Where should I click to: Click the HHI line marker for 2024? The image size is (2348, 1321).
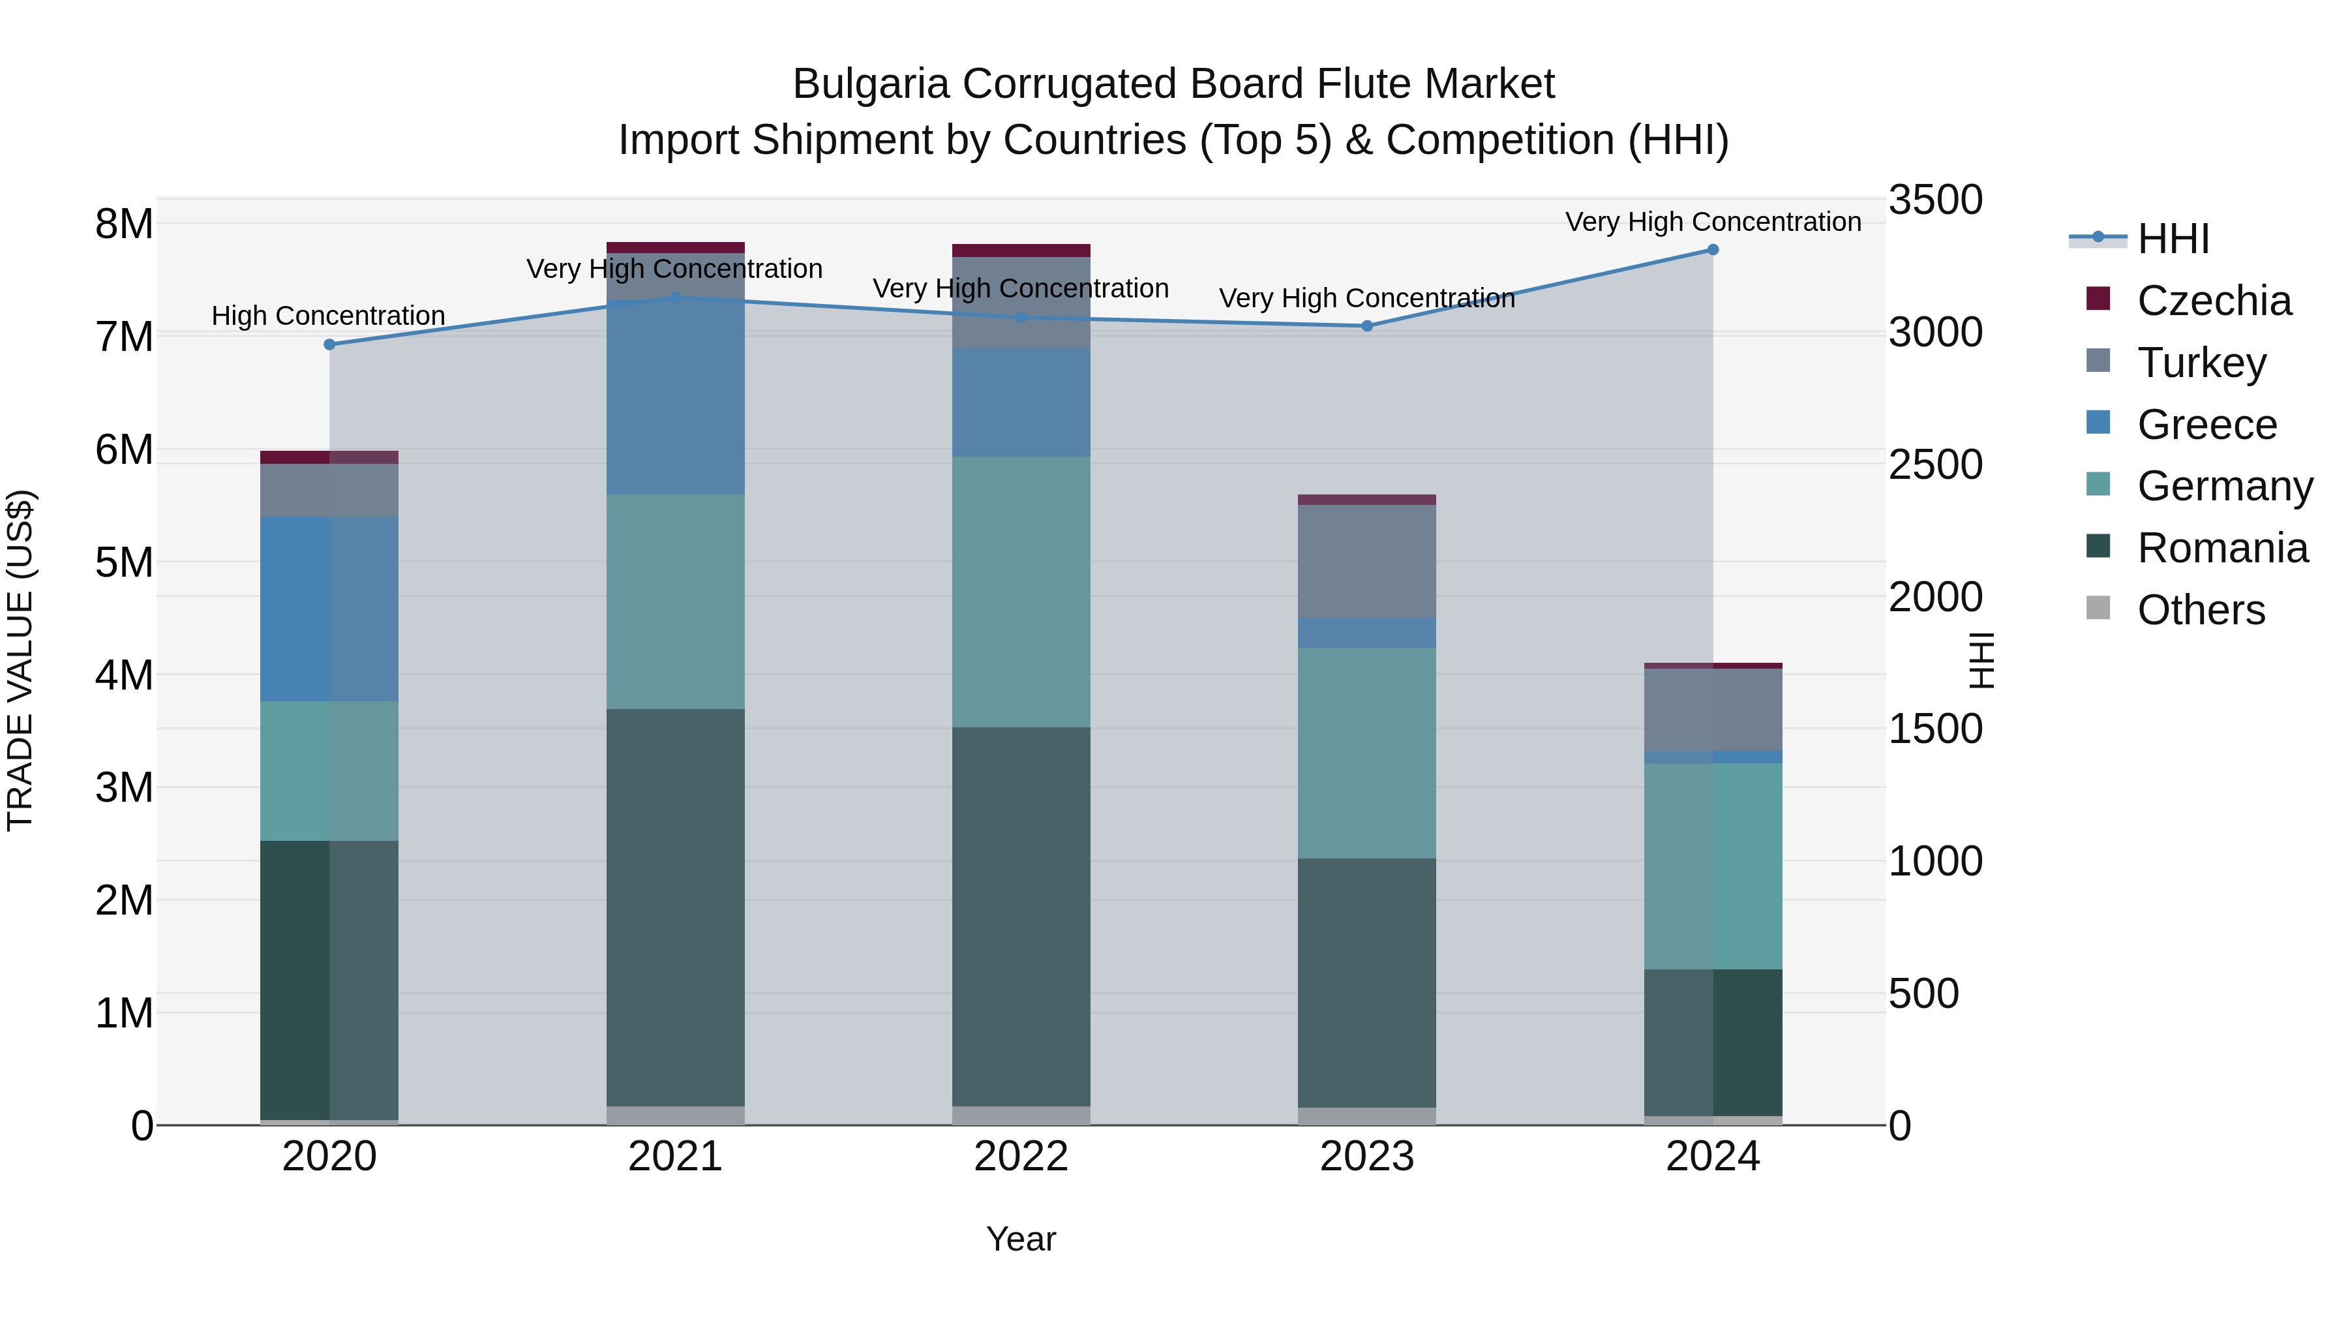tap(1713, 250)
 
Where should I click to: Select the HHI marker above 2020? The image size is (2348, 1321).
tap(330, 344)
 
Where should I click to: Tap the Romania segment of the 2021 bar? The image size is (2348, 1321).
tap(676, 907)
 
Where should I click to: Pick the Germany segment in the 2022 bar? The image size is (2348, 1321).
tap(1021, 592)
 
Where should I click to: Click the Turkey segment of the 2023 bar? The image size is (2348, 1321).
tap(1366, 562)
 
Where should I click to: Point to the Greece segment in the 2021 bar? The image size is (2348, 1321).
tap(676, 397)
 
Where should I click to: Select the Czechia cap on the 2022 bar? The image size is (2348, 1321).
tap(1021, 251)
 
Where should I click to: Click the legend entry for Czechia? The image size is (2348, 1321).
tap(2213, 301)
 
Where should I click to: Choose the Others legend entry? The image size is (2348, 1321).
tap(2201, 610)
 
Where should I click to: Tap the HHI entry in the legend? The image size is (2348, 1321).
tap(2173, 239)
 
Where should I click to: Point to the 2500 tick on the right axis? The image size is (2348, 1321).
tap(1935, 465)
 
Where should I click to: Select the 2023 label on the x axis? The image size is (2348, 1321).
tap(1366, 1157)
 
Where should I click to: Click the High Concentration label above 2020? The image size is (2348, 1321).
tap(328, 316)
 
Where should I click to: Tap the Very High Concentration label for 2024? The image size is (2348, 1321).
tap(1713, 222)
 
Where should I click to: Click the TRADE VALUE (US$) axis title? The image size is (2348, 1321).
tap(20, 660)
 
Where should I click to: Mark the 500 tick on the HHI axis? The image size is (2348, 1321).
tap(1923, 994)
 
